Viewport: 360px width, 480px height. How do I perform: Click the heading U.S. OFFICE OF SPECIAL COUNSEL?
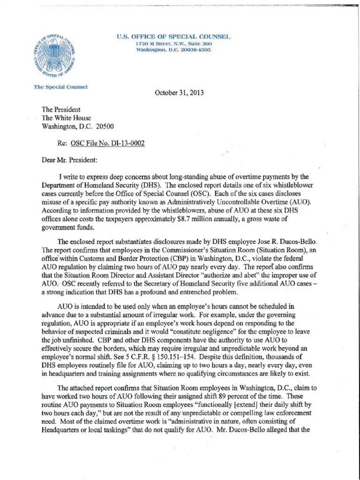click(173, 37)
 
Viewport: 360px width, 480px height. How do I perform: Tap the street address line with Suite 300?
click(173, 44)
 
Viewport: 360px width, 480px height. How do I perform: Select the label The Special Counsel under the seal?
click(61, 87)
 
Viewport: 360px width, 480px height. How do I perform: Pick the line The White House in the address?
click(67, 118)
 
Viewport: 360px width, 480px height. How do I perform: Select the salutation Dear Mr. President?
click(69, 159)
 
